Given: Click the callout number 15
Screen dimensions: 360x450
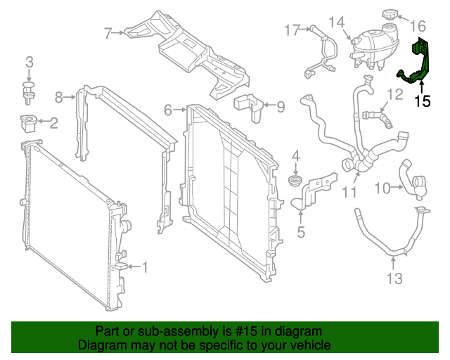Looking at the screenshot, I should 422,101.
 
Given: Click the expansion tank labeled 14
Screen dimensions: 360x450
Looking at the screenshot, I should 373,46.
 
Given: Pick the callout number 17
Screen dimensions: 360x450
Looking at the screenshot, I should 292,30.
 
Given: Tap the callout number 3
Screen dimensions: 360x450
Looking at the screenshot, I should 29,63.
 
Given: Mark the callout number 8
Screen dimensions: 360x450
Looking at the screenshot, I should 60,96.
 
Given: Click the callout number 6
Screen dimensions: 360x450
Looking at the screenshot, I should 168,110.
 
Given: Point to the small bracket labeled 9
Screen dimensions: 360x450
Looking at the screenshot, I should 248,102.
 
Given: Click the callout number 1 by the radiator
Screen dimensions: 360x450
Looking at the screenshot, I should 146,266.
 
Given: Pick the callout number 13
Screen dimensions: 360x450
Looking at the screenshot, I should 394,279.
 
